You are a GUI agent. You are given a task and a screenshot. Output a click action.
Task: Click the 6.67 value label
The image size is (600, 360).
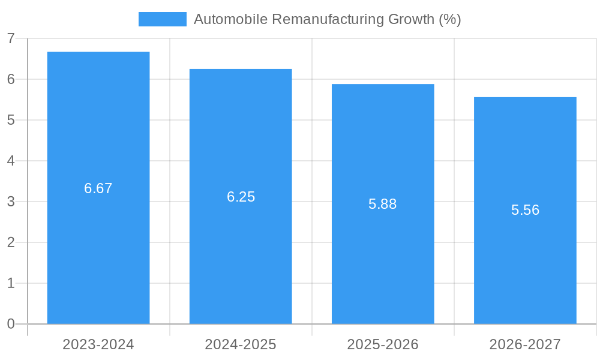[x=98, y=188]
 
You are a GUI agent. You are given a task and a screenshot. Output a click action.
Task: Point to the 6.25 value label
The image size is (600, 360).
[x=241, y=197]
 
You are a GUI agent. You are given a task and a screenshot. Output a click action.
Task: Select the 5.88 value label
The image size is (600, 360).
[x=383, y=204]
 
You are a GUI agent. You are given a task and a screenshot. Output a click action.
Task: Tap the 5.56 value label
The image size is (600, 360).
[x=525, y=210]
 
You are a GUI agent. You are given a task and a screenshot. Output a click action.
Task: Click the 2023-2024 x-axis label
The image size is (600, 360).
[x=98, y=344]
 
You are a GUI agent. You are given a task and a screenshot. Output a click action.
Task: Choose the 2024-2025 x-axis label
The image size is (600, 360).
[x=241, y=344]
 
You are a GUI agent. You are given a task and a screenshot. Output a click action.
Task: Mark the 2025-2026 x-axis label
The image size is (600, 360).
[x=383, y=344]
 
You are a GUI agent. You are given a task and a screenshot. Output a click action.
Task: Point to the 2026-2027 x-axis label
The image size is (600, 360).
[x=525, y=344]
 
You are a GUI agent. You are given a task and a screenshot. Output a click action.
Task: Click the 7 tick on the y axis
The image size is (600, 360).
[x=11, y=38]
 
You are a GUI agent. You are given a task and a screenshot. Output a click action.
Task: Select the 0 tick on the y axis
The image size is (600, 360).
[x=11, y=324]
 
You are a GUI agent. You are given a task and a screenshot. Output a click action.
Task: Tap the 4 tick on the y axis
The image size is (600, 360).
[x=11, y=161]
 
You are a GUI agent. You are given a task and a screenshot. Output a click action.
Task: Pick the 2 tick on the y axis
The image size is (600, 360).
[x=11, y=242]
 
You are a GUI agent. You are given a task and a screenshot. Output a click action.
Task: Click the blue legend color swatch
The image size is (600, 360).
[x=162, y=19]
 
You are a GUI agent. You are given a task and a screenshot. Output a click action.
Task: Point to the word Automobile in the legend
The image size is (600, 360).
[x=230, y=19]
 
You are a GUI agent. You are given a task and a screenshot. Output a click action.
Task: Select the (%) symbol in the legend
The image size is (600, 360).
[x=449, y=19]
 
